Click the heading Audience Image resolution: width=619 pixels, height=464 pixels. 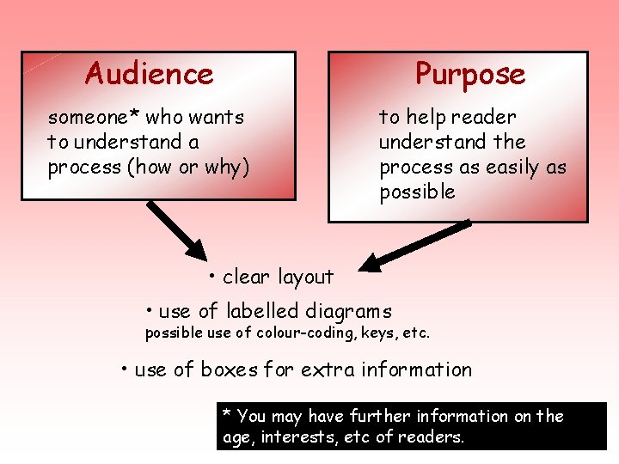pos(149,74)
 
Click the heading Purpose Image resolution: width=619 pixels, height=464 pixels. pos(469,74)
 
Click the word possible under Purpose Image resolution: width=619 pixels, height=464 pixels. pos(417,192)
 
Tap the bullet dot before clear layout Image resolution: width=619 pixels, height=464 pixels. pos(211,276)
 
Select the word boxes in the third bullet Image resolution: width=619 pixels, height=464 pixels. pos(229,370)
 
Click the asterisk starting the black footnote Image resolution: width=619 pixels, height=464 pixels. pos(227,414)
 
